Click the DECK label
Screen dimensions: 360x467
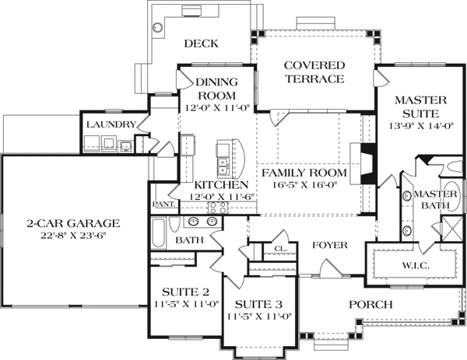(x=200, y=44)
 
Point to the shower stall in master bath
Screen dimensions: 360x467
(x=448, y=229)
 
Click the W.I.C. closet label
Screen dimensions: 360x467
(x=415, y=264)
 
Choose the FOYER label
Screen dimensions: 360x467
(x=329, y=245)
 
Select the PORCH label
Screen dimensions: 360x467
(x=370, y=304)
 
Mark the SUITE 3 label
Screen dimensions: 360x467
(x=256, y=304)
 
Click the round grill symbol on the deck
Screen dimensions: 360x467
(x=158, y=27)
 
